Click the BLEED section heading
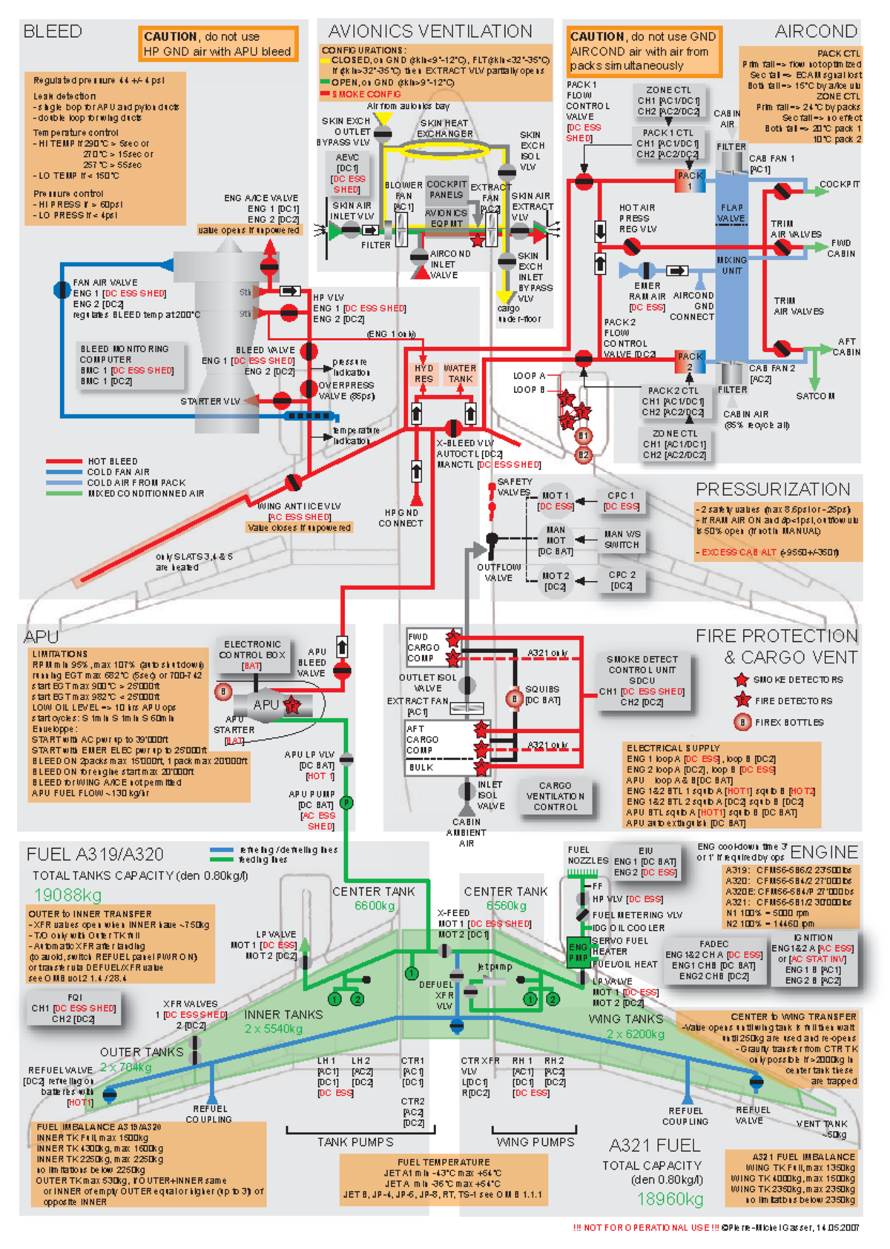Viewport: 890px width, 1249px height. point(53,32)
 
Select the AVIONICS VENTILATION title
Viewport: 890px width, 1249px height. point(430,31)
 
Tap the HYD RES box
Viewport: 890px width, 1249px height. point(423,373)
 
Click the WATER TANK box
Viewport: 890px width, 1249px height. point(460,373)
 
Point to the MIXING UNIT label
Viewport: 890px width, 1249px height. point(731,265)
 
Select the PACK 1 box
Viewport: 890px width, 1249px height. point(690,181)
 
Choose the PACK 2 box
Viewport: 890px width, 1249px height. point(690,361)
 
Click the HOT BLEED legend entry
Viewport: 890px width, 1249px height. point(111,461)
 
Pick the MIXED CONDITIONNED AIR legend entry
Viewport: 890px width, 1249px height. point(145,493)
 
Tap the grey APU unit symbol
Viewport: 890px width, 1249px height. point(267,705)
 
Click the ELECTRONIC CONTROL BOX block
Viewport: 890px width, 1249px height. point(252,655)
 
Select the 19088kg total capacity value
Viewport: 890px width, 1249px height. point(67,895)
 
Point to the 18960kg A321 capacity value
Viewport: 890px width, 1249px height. point(670,1199)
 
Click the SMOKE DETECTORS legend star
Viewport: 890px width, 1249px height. point(741,679)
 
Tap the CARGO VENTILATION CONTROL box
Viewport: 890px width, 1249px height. point(556,796)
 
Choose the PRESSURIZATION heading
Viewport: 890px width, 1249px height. point(773,489)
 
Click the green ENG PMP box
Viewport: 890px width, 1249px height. point(578,952)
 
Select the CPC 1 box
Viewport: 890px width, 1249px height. point(621,500)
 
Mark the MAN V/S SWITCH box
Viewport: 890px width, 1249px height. point(622,539)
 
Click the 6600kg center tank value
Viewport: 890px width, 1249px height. point(375,906)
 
